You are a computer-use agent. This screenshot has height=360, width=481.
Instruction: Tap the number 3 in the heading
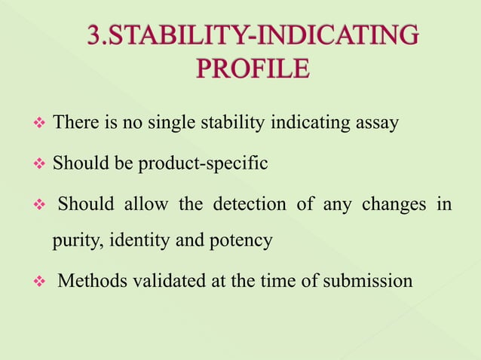(94, 35)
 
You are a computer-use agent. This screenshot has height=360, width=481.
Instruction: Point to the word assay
(377, 123)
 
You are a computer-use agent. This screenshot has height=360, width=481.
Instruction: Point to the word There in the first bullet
(74, 123)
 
